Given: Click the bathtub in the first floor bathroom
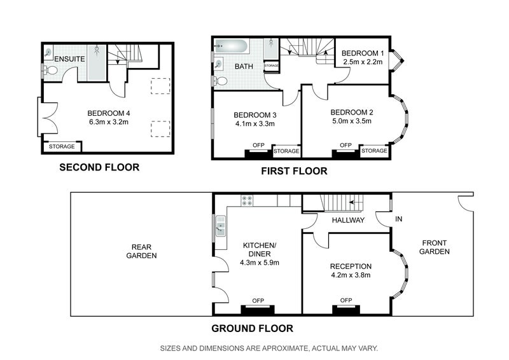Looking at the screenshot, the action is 232,46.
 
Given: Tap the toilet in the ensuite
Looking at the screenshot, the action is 51,70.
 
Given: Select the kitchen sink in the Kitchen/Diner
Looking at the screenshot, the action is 221,226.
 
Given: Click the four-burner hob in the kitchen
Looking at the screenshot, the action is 247,200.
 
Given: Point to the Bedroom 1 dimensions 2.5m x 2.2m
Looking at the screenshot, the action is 362,62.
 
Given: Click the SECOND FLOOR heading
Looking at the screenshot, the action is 99,167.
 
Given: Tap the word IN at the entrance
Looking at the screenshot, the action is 399,219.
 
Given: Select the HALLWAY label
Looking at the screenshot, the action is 348,220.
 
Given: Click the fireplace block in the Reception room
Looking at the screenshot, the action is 346,310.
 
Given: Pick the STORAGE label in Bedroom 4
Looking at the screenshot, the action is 62,146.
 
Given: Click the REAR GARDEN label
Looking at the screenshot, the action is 141,251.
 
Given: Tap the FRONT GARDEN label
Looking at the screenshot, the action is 435,247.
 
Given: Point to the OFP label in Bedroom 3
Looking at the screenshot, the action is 258,145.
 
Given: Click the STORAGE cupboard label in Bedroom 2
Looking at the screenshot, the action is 374,151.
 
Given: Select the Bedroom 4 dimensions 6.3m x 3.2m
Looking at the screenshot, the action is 109,122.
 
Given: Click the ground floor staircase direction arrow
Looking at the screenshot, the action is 356,202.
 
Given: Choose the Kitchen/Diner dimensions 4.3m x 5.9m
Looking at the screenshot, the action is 260,263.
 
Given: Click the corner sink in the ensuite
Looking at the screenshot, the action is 48,53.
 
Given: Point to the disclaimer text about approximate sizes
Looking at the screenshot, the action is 269,349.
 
